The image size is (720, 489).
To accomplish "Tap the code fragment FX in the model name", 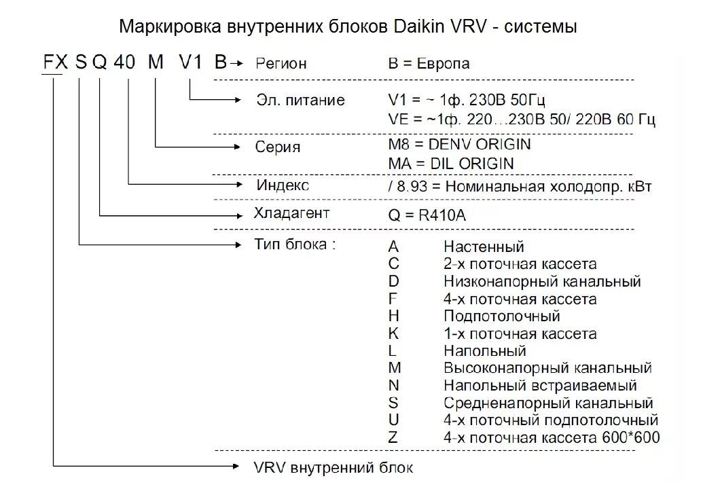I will [x=56, y=63].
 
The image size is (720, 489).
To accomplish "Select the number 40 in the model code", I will [x=124, y=63].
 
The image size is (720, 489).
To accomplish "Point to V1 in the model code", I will [x=191, y=63].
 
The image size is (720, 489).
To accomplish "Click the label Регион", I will [x=281, y=64].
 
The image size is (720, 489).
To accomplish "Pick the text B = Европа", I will [x=429, y=64].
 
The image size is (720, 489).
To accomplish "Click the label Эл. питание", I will [x=300, y=101].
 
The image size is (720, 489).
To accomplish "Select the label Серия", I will [x=277, y=147].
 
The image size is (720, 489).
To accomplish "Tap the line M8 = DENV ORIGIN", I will [x=460, y=145].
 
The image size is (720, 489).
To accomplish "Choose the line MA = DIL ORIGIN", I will [x=451, y=164].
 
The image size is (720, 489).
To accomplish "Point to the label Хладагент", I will [x=291, y=214].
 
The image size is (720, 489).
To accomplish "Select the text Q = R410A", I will [x=427, y=215].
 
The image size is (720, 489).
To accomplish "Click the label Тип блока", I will [x=294, y=244].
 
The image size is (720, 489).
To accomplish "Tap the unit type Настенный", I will [x=484, y=247].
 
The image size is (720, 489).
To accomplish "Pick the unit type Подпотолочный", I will [x=502, y=316].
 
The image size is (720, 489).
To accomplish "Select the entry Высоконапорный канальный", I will [x=547, y=369].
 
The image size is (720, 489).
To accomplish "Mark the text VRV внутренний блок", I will [x=333, y=468].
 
